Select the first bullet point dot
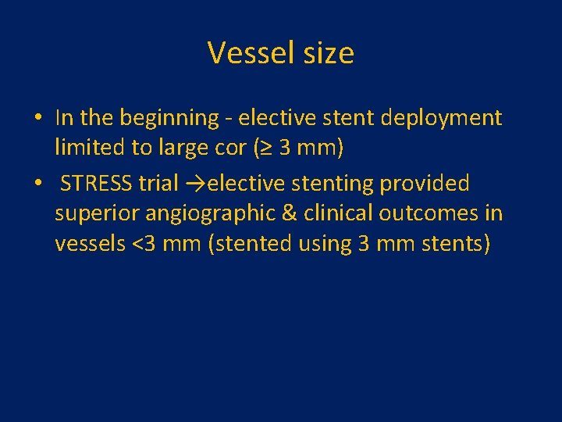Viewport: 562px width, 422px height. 37,119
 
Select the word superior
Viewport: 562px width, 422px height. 97,213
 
